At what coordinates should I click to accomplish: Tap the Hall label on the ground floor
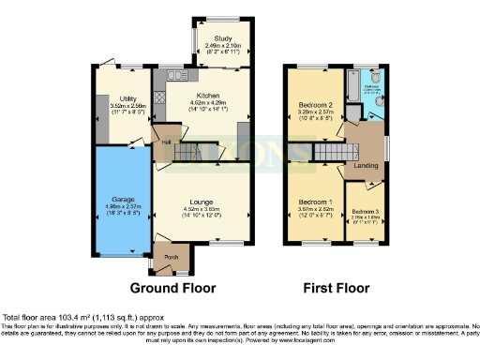pyautogui.click(x=166, y=142)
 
